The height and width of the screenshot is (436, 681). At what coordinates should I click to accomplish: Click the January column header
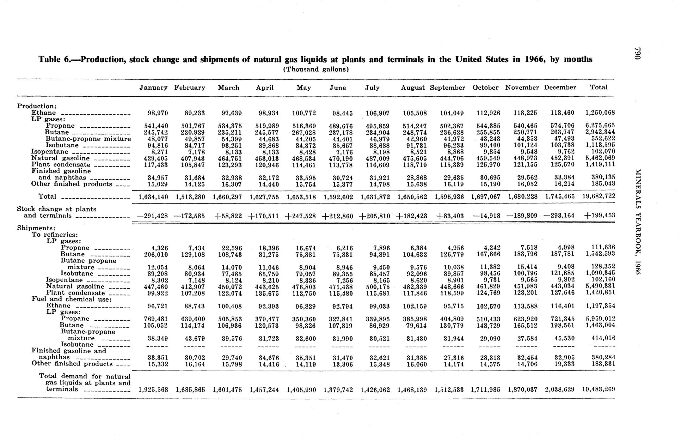(x=153, y=88)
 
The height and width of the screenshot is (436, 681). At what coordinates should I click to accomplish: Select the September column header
(x=447, y=88)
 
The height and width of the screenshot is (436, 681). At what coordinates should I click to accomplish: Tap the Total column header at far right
(x=598, y=87)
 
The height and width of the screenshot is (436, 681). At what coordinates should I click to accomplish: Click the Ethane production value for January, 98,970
(x=158, y=113)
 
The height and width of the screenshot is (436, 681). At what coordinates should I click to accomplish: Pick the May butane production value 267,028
(x=304, y=132)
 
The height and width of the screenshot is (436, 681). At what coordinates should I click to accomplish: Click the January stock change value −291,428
(x=152, y=216)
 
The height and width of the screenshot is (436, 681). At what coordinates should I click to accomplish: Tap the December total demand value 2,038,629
(x=560, y=390)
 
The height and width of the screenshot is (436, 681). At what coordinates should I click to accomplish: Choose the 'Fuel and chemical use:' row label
(x=72, y=299)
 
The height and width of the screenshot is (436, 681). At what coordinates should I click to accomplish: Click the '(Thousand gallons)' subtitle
(x=316, y=70)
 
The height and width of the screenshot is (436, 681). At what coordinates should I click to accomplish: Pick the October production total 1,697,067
(x=486, y=197)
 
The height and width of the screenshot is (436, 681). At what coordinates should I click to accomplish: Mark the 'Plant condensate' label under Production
(x=61, y=165)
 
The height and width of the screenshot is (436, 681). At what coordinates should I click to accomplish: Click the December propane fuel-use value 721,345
(x=560, y=319)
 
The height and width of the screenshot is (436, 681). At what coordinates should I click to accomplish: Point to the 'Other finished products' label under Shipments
(x=72, y=364)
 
